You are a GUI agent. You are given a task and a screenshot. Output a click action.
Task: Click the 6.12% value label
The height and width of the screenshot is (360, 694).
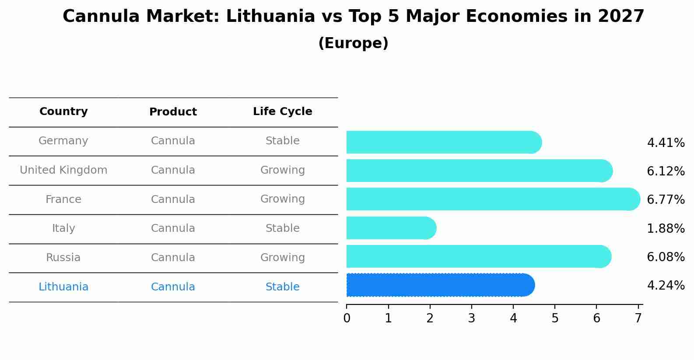[x=666, y=171]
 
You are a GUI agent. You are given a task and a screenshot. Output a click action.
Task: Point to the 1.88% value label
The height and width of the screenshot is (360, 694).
[x=666, y=228]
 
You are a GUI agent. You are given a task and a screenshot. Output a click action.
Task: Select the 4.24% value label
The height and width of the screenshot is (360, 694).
[x=666, y=286]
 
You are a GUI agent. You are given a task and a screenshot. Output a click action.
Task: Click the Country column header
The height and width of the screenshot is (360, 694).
[x=63, y=112]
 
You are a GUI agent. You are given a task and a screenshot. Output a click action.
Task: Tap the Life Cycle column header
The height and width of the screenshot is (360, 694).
[x=282, y=112]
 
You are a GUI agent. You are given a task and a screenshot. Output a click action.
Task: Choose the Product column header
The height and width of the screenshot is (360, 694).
[x=173, y=112]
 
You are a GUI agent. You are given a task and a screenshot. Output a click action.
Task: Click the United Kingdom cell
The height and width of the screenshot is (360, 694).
[x=63, y=170]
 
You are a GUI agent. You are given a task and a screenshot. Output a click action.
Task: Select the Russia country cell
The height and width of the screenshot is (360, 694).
[x=63, y=258]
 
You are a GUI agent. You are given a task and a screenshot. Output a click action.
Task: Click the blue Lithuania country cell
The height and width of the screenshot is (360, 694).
[x=63, y=287]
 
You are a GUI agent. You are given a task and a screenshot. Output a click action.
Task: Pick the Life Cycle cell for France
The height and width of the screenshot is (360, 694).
[x=282, y=199]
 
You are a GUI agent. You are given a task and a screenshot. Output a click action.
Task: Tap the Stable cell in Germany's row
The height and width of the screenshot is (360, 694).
[x=282, y=141]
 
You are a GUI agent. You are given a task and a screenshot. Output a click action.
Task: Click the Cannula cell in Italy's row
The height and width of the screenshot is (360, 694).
[x=173, y=228]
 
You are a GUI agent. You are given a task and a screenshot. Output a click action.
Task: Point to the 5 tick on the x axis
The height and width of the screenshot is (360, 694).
[x=555, y=318]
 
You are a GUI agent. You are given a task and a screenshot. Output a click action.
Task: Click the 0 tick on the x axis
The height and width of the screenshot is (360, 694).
[x=347, y=318]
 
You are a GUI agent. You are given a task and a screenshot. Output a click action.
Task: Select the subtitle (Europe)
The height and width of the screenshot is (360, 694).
[x=353, y=43]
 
